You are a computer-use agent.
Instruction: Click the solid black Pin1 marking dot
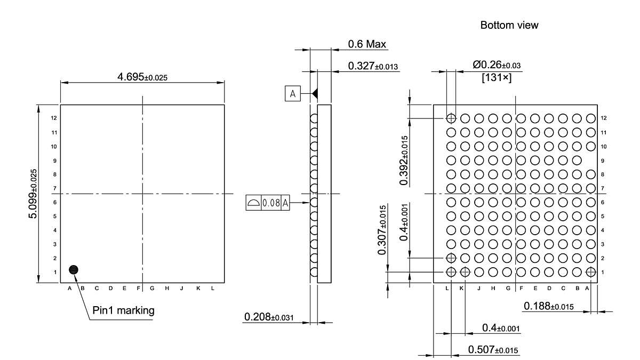tap(74, 269)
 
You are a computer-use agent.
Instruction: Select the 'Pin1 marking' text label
tap(124, 310)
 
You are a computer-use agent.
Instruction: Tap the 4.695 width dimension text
tap(142, 77)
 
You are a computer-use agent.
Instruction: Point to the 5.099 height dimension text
tap(34, 193)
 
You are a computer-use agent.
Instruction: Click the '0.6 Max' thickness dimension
tap(367, 44)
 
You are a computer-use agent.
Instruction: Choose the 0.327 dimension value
tap(373, 66)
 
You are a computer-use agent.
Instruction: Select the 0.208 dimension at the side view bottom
tap(269, 317)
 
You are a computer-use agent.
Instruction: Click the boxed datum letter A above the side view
tap(292, 94)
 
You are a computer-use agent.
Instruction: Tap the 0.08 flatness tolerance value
tap(271, 203)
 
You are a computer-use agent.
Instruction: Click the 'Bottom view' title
tap(509, 25)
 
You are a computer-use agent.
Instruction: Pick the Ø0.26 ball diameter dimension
tap(496, 65)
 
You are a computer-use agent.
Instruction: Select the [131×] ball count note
tap(496, 78)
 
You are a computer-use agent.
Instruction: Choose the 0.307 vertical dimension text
tap(382, 229)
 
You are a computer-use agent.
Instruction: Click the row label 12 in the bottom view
tap(603, 118)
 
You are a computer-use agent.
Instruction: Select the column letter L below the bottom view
tap(447, 288)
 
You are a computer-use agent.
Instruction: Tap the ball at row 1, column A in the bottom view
tap(590, 272)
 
